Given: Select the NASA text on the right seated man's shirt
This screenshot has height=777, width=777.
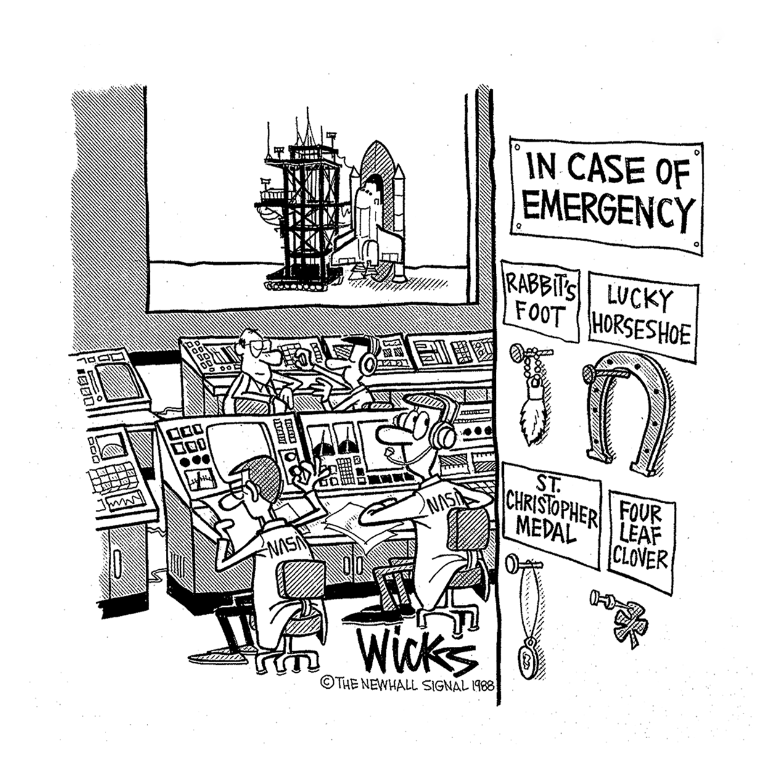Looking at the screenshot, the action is pyautogui.click(x=443, y=501).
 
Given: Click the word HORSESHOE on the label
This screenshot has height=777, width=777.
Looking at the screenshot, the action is pyautogui.click(x=643, y=333).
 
